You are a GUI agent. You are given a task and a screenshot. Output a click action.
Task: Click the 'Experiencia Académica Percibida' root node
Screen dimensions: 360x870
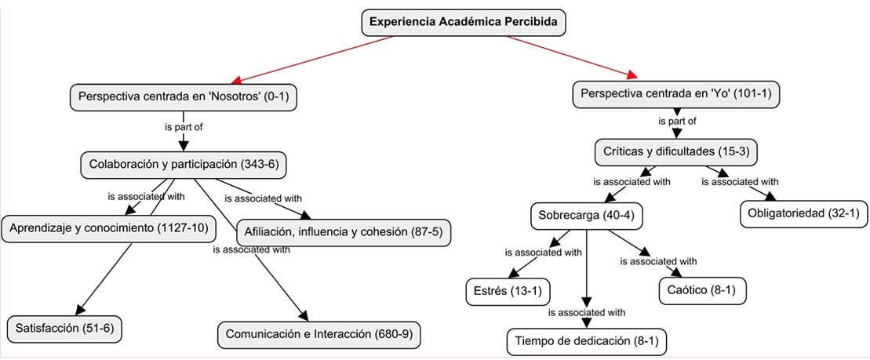click(464, 23)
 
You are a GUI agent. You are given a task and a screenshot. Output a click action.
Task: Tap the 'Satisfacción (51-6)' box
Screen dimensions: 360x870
click(65, 328)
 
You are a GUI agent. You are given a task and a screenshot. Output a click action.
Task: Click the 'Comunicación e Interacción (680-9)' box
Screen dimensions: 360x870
click(319, 333)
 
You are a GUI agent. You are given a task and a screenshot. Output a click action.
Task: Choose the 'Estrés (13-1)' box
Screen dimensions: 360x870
click(507, 292)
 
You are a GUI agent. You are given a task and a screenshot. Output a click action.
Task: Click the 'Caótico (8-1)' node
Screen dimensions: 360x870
click(701, 291)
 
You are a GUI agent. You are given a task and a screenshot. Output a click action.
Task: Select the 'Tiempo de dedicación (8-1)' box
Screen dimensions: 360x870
click(587, 341)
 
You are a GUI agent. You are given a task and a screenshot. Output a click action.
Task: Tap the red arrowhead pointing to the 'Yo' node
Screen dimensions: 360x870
click(632, 75)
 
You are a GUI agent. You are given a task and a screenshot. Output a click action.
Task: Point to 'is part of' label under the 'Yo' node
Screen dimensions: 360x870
click(676, 122)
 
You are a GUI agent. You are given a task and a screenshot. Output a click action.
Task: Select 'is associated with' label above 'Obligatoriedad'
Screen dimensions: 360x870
click(739, 182)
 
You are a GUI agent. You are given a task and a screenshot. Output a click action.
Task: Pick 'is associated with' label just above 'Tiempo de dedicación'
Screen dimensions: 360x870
click(586, 312)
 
